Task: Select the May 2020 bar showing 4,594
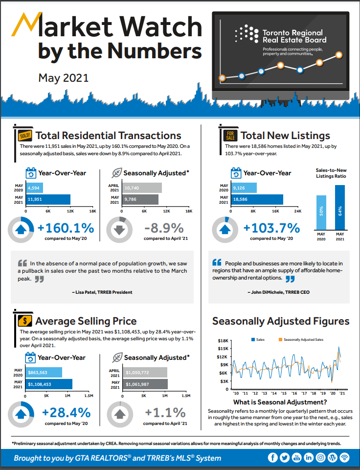35,188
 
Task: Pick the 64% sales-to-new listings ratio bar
339,208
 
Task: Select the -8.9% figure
164,228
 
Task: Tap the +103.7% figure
271,228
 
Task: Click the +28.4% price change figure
67,413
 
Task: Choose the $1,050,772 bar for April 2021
145,372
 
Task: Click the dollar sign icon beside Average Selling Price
24,321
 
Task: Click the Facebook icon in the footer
273,458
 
